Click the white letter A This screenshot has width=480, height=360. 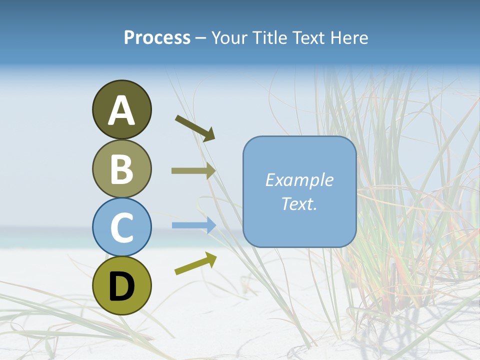pos(121,111)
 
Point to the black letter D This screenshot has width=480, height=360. pos(121,286)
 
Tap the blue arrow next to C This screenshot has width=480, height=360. pos(193,225)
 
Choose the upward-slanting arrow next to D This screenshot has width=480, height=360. pos(195,263)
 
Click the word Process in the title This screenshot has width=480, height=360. pos(157,38)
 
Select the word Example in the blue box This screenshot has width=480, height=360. pos(299,180)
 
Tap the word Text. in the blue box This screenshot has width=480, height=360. pos(299,203)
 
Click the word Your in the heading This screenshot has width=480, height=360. pos(229,38)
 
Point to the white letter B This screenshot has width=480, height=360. pos(121,169)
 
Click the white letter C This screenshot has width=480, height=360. pos(121,227)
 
